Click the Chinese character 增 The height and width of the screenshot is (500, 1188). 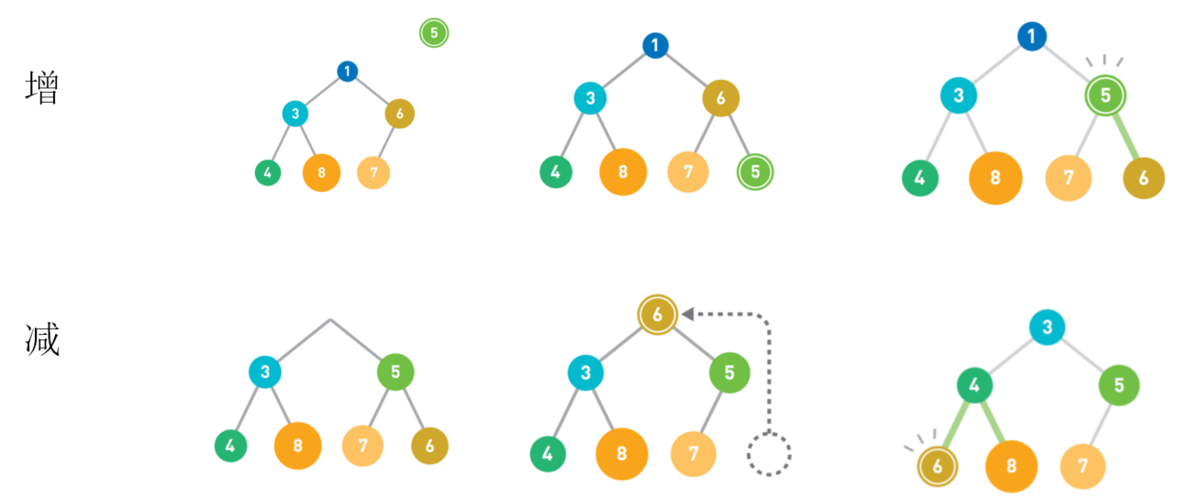[x=41, y=88]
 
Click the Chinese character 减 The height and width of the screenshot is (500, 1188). [x=41, y=340]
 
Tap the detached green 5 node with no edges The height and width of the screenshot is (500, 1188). [x=434, y=33]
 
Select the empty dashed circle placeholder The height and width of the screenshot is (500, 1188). [x=769, y=452]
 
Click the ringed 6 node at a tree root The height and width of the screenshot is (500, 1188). [x=658, y=315]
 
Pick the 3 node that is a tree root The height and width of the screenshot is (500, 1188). [x=1048, y=327]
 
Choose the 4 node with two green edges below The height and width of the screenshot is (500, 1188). [x=974, y=386]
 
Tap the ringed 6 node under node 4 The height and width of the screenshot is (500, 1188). [x=937, y=466]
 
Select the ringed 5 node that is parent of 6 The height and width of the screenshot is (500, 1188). [x=1105, y=95]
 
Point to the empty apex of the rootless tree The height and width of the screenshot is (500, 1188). [x=330, y=320]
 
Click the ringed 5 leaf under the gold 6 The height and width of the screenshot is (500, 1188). [x=755, y=172]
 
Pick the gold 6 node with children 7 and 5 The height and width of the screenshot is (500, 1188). [x=721, y=98]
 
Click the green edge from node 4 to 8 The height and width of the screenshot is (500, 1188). [x=993, y=424]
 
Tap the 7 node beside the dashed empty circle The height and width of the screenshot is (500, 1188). [x=694, y=453]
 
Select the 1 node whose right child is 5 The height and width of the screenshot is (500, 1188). [x=1032, y=37]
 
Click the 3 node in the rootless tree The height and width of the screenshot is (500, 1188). [x=265, y=372]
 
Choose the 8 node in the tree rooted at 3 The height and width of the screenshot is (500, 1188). [x=1011, y=466]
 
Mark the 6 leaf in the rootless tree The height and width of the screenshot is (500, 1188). [x=430, y=447]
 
